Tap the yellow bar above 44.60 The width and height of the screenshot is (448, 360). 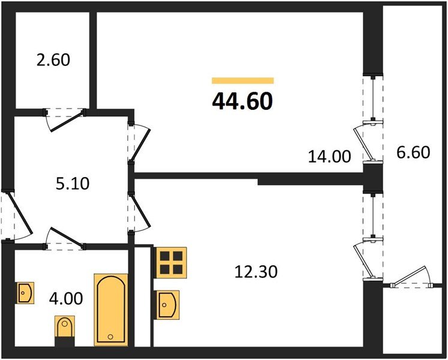242,80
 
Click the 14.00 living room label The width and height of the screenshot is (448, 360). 329,157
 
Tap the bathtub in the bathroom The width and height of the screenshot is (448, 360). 111,310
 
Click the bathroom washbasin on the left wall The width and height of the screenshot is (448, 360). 25,293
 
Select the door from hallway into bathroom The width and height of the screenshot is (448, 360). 65,238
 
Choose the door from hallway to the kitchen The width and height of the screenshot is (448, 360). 139,211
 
